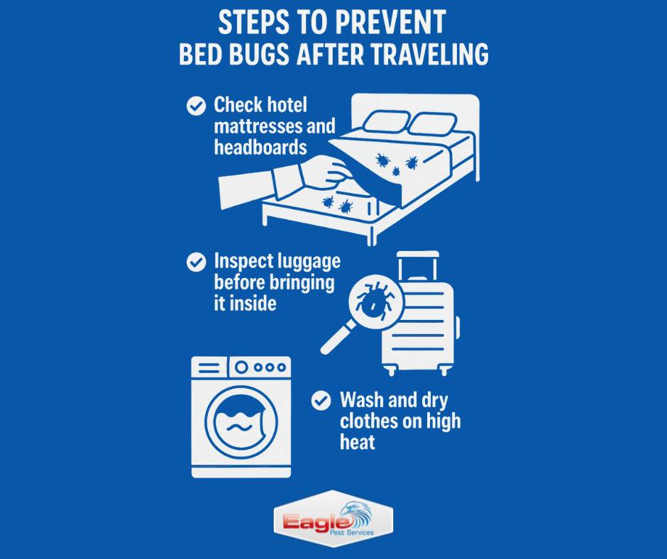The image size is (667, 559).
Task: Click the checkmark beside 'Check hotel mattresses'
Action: coord(196,106)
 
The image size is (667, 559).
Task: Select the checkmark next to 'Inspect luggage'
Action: coord(196,262)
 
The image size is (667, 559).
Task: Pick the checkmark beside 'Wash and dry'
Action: coord(321,400)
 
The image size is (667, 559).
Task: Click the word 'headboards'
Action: coord(260,147)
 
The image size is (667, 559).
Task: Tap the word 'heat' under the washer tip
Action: coord(358,442)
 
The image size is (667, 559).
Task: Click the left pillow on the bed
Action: coord(387,122)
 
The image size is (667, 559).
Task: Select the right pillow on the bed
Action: coord(432,124)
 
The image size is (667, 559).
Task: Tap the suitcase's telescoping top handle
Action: coord(417,265)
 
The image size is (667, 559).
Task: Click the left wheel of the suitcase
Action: coord(391,371)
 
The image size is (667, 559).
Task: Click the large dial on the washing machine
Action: coord(241,367)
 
